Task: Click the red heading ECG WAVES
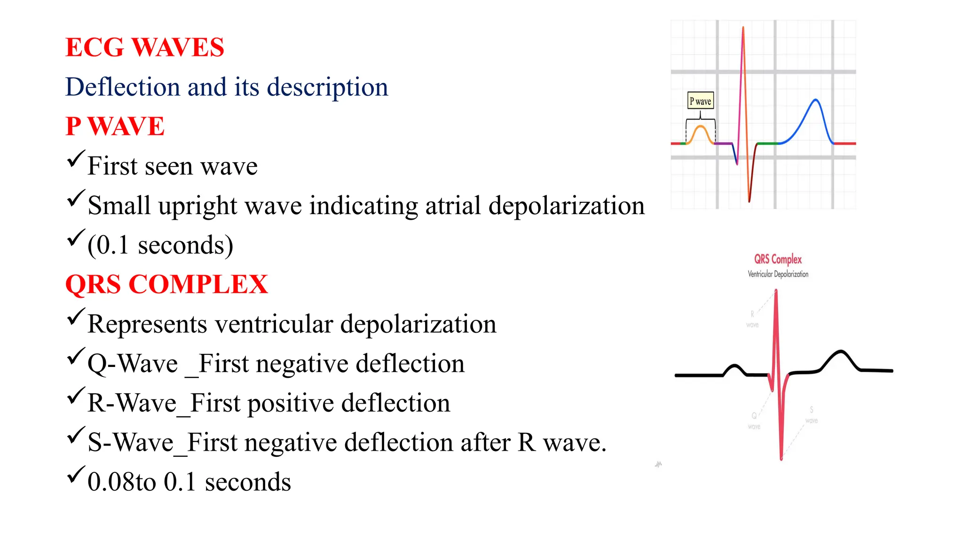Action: point(144,48)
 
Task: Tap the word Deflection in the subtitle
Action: point(122,87)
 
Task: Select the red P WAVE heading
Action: point(115,127)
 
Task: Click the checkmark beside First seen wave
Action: point(75,159)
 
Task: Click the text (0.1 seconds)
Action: point(160,246)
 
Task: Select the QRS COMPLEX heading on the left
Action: point(166,285)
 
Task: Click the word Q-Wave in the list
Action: point(133,364)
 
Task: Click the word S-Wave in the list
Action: point(130,443)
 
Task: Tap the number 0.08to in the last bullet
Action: point(121,482)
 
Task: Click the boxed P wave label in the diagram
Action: point(700,101)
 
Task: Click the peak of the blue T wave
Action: point(816,100)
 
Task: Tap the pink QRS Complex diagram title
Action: point(778,259)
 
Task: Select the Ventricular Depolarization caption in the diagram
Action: point(778,274)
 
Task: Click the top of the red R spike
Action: point(776,292)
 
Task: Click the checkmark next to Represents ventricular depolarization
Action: point(75,317)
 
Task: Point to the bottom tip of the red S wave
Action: point(781,458)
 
